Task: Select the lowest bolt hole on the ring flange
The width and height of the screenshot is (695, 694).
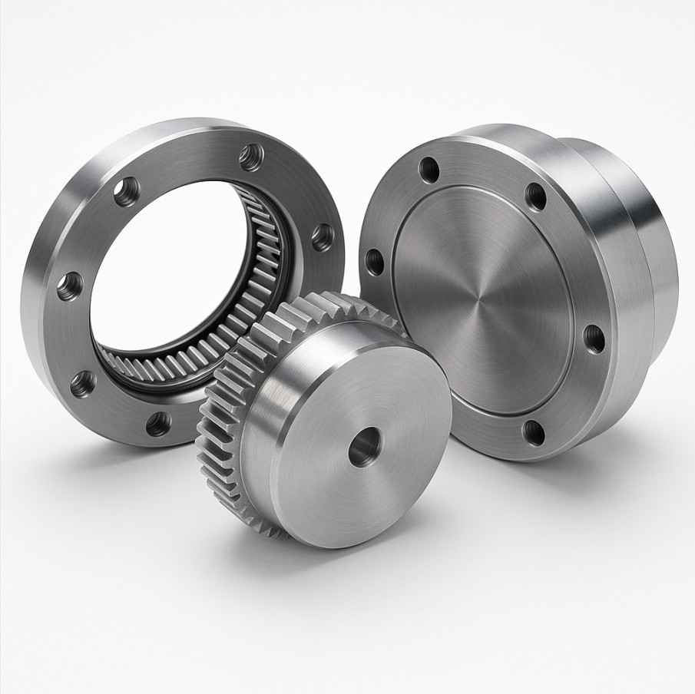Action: point(158,423)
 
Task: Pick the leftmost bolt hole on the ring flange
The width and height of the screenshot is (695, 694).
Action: point(70,286)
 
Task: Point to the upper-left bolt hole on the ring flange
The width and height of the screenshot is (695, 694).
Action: point(127,191)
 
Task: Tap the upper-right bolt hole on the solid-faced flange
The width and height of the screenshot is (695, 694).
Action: point(536,197)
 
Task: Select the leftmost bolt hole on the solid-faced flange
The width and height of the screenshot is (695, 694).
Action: point(376,261)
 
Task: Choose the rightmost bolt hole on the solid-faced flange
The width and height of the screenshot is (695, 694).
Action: point(594,339)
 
